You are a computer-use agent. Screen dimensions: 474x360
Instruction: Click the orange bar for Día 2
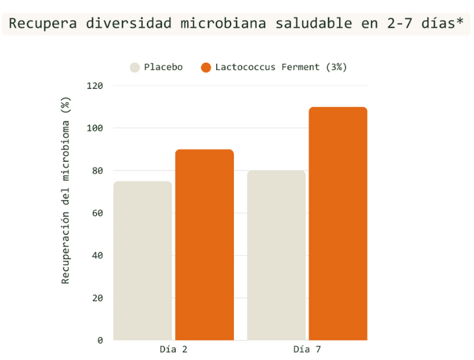coord(204,245)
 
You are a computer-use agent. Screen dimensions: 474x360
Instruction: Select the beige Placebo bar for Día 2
coord(143,261)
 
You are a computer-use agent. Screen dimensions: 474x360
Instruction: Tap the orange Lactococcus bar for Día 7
coord(338,224)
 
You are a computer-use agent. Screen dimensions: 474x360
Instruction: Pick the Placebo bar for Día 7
coord(276,256)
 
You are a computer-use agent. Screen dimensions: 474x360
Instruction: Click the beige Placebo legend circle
coord(135,68)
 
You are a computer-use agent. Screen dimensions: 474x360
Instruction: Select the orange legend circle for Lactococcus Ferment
coord(206,68)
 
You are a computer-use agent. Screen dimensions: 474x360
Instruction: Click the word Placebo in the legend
coord(164,67)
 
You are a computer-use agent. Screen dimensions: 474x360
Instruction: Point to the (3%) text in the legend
coord(336,67)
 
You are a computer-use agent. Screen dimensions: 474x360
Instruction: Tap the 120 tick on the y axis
coord(95,86)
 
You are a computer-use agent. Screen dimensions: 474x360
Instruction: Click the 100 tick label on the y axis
coord(95,128)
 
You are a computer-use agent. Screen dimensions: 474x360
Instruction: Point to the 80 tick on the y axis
coord(97,171)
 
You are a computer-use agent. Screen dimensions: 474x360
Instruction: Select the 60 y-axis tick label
coord(97,214)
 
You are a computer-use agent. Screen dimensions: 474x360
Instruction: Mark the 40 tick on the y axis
coord(97,256)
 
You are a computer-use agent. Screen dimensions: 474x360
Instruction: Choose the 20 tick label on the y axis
coord(97,298)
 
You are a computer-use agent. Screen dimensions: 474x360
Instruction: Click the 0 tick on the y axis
coord(100,340)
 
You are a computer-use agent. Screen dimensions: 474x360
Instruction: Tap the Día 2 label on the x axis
coord(174,350)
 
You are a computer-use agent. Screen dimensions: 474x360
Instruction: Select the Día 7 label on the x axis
coord(307,350)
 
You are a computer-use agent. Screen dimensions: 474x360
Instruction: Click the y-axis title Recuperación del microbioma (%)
coord(65,190)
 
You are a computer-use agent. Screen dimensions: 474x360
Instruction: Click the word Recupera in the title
coord(43,24)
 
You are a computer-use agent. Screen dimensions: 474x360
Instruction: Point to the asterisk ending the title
coord(460,21)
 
